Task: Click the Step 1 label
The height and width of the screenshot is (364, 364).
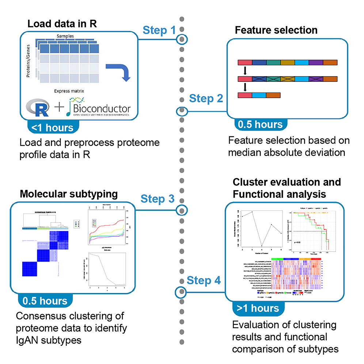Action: [159, 30]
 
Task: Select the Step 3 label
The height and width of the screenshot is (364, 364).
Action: [158, 199]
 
